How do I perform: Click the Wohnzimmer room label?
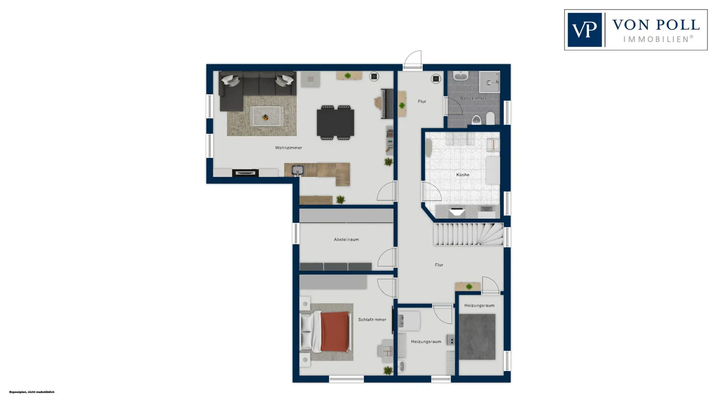288,148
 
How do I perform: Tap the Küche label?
463,175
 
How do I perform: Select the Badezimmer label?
473,98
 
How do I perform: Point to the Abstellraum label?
347,240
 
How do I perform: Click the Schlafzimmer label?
372,319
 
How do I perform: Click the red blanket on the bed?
335,332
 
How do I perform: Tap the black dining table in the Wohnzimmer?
336,122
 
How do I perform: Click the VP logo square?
585,30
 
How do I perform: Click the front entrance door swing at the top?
413,59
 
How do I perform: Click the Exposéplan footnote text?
32,392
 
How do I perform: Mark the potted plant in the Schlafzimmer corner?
388,370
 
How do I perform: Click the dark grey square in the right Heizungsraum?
477,337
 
